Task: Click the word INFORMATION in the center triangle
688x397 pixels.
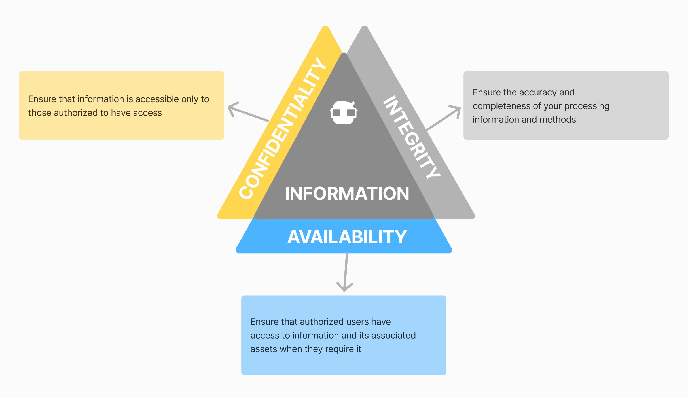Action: coord(347,194)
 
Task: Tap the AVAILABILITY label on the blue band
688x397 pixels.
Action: coord(347,237)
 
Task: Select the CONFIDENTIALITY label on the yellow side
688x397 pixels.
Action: coord(282,128)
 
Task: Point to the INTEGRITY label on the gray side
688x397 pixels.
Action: coord(412,137)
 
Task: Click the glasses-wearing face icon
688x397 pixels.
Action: coord(344,112)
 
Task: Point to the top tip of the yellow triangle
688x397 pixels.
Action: coord(325,27)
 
